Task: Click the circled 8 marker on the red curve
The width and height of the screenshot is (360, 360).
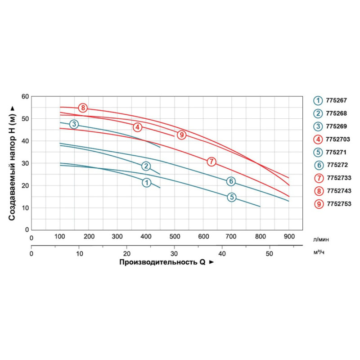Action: point(83,108)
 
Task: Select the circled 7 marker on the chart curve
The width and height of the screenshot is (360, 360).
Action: point(212,161)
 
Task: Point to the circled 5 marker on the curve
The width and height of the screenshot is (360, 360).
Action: point(231,197)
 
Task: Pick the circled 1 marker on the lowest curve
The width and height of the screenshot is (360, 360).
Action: point(146,182)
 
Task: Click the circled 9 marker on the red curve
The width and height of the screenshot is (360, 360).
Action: point(181,135)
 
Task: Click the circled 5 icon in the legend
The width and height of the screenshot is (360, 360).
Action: point(319,153)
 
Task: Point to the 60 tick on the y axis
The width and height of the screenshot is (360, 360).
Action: point(25,96)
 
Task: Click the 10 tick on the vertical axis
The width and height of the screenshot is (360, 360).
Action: point(25,207)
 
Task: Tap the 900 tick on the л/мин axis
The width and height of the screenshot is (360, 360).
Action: point(288,237)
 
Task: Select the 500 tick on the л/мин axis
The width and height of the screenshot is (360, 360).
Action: point(174,237)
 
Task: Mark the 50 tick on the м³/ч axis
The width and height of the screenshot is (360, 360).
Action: point(269,254)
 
